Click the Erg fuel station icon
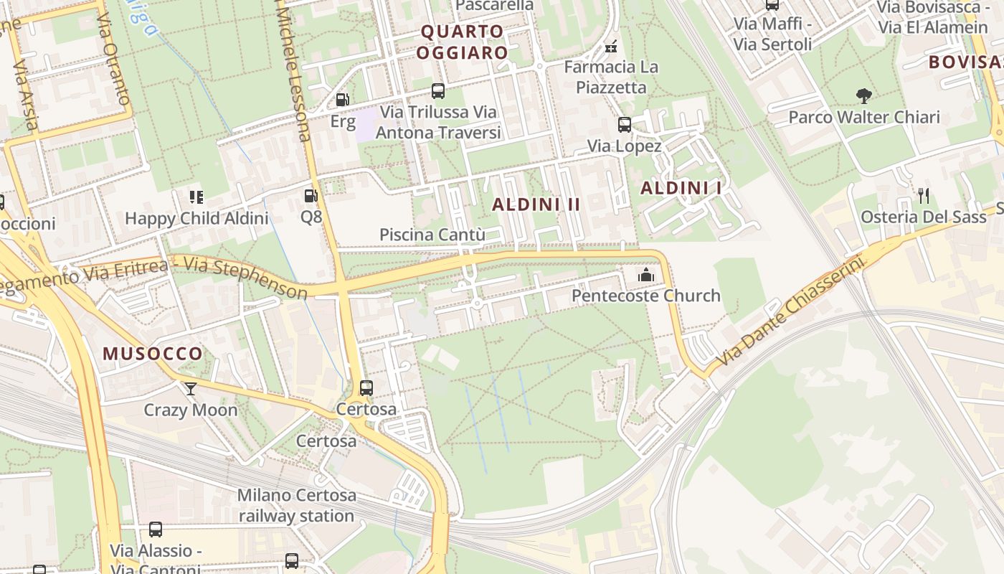tap(343, 100)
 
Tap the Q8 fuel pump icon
tap(311, 195)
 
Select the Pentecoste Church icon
tap(646, 276)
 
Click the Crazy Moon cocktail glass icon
tap(191, 389)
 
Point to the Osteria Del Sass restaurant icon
tap(924, 195)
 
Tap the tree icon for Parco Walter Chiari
tap(863, 95)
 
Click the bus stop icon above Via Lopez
tap(624, 125)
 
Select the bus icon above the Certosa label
tap(366, 388)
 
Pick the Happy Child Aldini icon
tap(196, 197)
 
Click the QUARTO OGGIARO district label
tap(463, 42)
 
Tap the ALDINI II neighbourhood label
tap(536, 204)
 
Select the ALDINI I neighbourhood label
tap(681, 188)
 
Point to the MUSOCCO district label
tap(153, 354)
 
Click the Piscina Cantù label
tap(432, 235)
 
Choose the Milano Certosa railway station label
tap(296, 505)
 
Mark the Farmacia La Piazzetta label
tap(610, 77)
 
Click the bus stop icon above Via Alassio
tap(156, 530)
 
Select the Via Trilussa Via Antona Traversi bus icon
tap(438, 91)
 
